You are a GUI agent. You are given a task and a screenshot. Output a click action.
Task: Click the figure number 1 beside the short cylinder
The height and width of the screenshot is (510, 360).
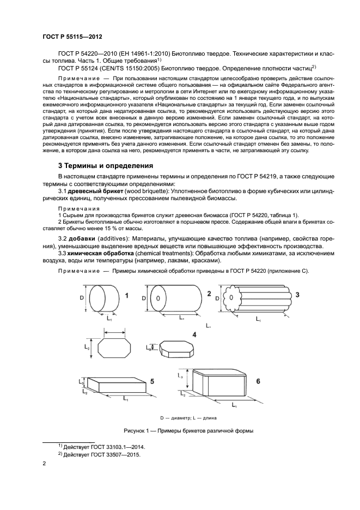tap(126, 295)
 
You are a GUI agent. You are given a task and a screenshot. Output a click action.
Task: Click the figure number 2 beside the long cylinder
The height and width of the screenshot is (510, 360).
tap(209, 293)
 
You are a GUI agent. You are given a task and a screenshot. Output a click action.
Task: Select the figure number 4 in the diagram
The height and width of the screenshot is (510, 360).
tap(194, 334)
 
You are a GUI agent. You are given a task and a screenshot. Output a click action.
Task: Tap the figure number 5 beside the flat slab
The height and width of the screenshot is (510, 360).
tap(152, 381)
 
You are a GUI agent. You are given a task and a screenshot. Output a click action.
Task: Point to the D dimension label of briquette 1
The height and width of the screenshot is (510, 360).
tap(82, 298)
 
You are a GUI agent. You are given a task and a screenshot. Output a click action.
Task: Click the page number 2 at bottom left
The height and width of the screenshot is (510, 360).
tap(44, 464)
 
